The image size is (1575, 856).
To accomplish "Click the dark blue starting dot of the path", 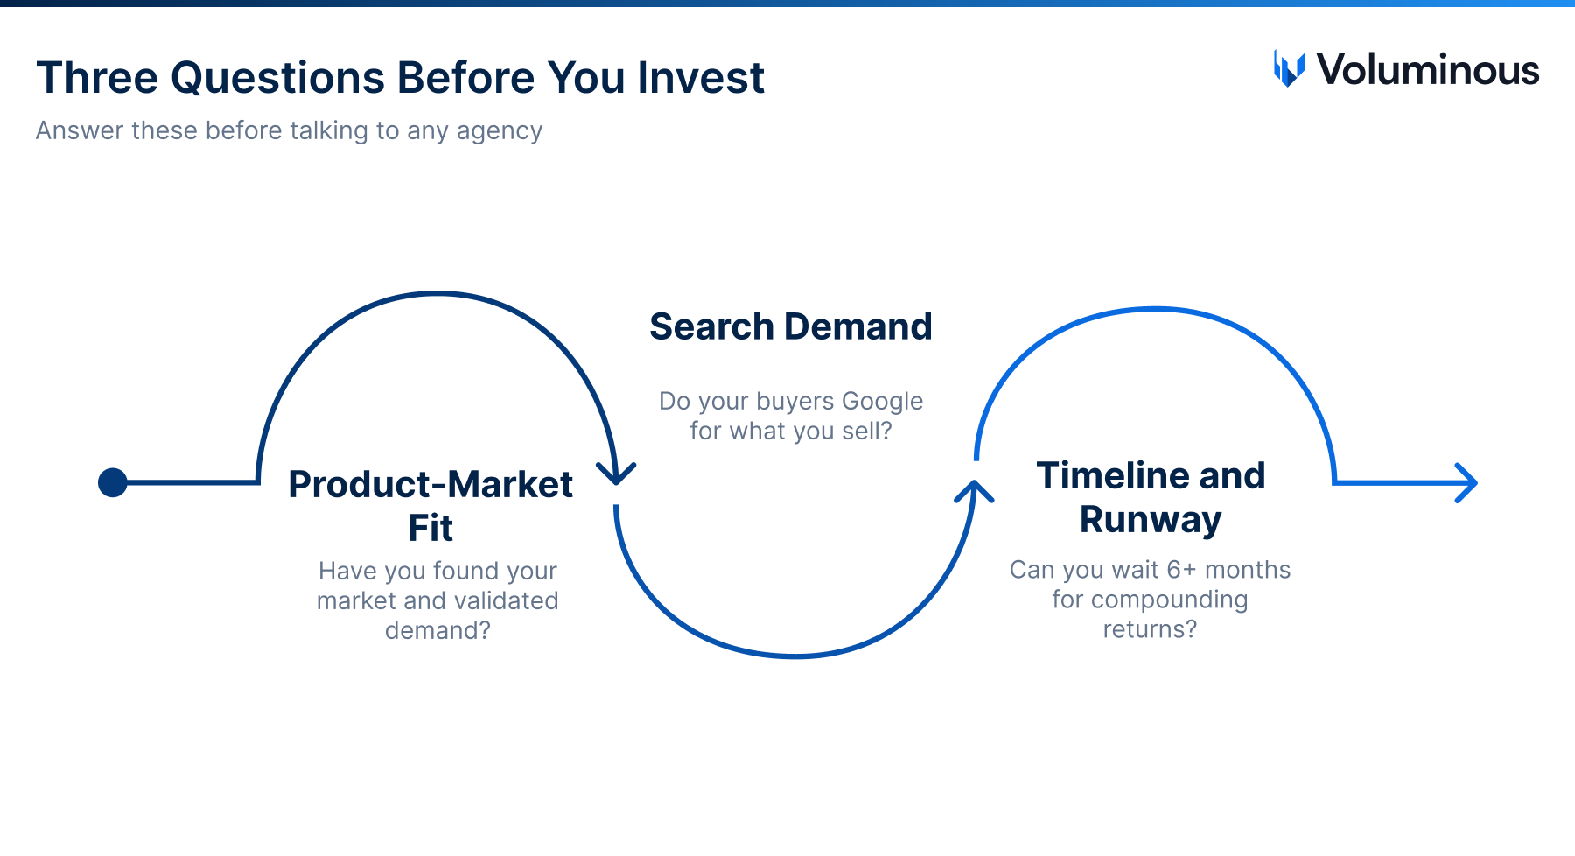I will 113,482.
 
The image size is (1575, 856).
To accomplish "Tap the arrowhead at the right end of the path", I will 1466,482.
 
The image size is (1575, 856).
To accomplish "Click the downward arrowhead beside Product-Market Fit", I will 616,474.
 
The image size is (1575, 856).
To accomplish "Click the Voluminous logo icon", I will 1289,69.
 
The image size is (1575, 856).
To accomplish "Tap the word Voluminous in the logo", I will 1428,70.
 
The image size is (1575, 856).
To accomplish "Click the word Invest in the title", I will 701,77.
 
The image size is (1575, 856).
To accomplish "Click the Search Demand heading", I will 791,326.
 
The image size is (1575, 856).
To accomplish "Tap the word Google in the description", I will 882,401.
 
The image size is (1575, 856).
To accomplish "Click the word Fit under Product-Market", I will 430,528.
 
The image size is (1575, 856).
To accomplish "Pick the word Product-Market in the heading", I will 430,484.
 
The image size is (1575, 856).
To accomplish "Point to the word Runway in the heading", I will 1151,520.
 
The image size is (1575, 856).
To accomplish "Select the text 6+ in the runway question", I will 1181,570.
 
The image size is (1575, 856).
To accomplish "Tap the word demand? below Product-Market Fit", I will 437,630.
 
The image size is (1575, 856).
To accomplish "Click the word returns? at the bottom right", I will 1150,629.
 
